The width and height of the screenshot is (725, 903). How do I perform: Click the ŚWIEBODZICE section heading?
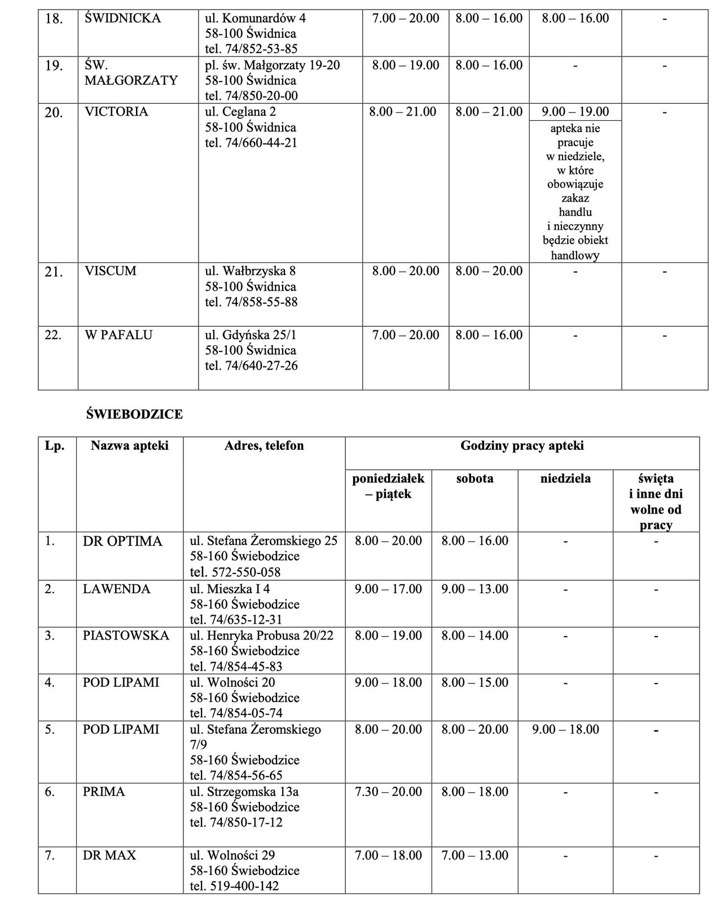pos(134,414)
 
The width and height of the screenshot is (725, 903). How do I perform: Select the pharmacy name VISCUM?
pos(111,271)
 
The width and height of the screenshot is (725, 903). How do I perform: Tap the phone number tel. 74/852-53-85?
pos(251,49)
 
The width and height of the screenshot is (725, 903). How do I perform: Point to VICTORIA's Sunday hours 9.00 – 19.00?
pos(575,112)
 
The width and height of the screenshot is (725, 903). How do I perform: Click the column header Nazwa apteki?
pos(130,446)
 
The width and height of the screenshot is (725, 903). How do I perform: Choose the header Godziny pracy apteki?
pos(522,446)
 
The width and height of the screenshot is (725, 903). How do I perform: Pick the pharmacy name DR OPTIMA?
pos(122,541)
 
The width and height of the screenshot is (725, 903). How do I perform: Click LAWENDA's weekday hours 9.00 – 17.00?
pos(388,589)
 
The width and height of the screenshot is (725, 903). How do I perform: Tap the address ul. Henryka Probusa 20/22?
pos(262,636)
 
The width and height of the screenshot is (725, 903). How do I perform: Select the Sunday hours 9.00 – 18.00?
pos(565,729)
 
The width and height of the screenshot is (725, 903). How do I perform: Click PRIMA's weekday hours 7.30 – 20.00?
pos(388,792)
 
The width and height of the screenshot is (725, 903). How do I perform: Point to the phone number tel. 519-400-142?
pos(235,886)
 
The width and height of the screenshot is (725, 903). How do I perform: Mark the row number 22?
pos(54,335)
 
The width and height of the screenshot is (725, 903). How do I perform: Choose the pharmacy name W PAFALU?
pos(118,335)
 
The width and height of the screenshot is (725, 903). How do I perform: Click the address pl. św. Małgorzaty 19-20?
pos(273,65)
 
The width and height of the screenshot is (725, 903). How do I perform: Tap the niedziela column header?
pos(565,479)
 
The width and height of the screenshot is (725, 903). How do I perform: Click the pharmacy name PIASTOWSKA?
pos(126,636)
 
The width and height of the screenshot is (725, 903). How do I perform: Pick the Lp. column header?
pos(55,446)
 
